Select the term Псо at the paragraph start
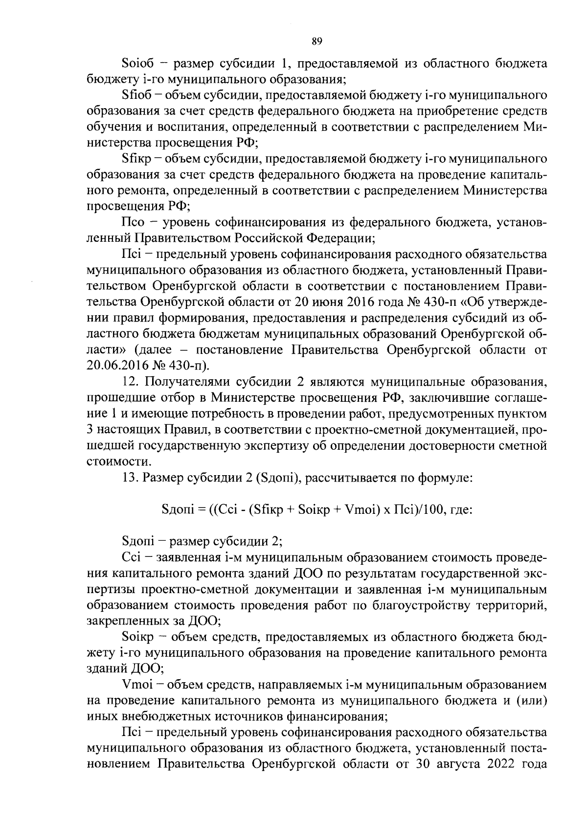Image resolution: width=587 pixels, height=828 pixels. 133,223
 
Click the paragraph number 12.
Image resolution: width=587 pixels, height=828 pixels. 130,382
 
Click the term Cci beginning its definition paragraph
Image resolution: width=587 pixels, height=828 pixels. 131,557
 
